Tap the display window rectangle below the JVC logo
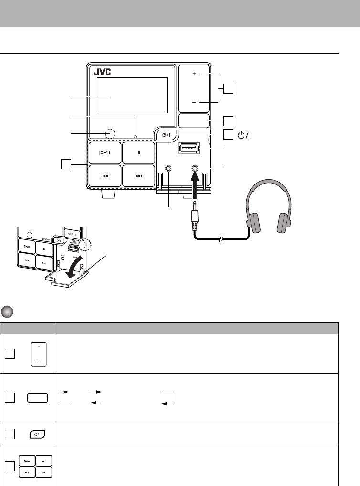coord(132,94)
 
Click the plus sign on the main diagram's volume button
coord(194,75)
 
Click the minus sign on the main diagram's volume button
coord(194,103)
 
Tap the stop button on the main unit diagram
coord(138,153)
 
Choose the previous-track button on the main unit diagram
coord(105,176)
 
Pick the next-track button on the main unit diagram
coord(138,176)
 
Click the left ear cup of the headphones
coord(253,223)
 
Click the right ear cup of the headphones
coord(286,223)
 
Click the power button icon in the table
coord(37,434)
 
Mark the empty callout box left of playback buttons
coord(66,164)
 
